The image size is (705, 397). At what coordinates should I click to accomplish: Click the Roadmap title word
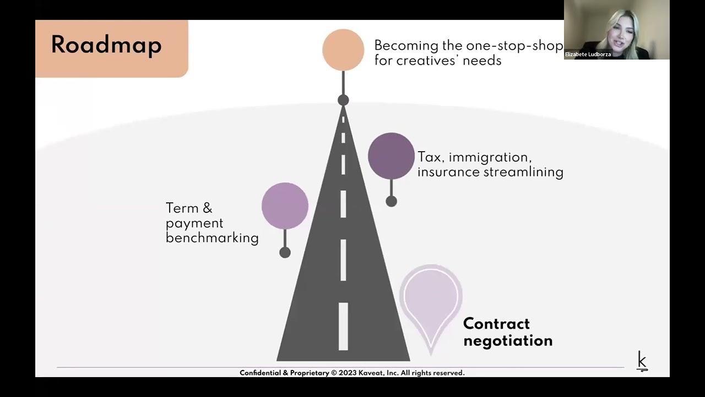pyautogui.click(x=106, y=45)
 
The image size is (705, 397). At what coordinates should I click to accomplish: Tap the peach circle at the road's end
pyautogui.click(x=343, y=50)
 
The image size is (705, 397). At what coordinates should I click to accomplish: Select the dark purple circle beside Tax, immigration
pyautogui.click(x=391, y=156)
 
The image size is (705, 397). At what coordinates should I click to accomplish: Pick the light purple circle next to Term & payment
pyautogui.click(x=285, y=206)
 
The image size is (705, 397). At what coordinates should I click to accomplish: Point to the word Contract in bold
pyautogui.click(x=496, y=324)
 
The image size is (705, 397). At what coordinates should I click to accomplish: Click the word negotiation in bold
pyautogui.click(x=508, y=341)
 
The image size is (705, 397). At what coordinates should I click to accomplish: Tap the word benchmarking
pyautogui.click(x=212, y=238)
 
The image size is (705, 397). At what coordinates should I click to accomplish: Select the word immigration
pyautogui.click(x=490, y=157)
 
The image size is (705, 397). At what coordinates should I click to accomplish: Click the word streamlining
pyautogui.click(x=523, y=172)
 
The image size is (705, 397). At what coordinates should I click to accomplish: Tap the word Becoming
pyautogui.click(x=406, y=45)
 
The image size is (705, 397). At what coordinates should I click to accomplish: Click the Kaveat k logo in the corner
pyautogui.click(x=642, y=361)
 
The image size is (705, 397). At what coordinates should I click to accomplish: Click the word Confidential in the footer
pyautogui.click(x=261, y=373)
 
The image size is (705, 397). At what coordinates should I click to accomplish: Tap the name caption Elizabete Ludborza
pyautogui.click(x=588, y=55)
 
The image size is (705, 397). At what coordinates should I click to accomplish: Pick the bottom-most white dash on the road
pyautogui.click(x=343, y=326)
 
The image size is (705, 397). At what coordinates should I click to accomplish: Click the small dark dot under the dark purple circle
pyautogui.click(x=391, y=202)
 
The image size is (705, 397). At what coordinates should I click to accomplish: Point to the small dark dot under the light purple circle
pyautogui.click(x=285, y=253)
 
